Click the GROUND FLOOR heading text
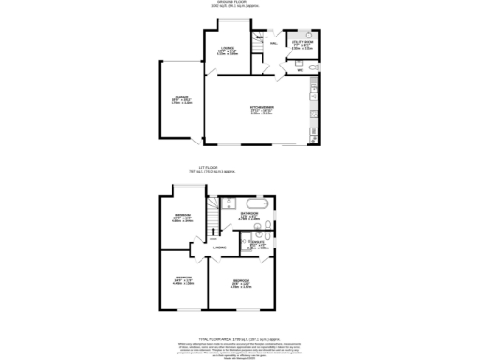pos(240,4)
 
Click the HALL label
pos(274,44)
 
